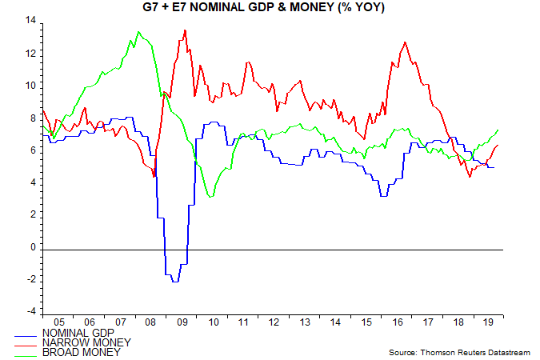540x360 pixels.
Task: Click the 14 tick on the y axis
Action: tap(32, 20)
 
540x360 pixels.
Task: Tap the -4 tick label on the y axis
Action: tap(33, 312)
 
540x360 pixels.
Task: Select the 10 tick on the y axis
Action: tap(32, 85)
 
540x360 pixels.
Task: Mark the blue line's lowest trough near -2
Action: tap(174, 282)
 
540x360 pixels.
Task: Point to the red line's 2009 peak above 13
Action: tap(185, 30)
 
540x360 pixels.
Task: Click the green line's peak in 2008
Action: tap(138, 32)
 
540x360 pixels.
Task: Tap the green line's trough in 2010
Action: tap(210, 196)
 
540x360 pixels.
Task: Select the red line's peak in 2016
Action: tap(405, 42)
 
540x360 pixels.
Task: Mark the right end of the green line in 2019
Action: tap(498, 130)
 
